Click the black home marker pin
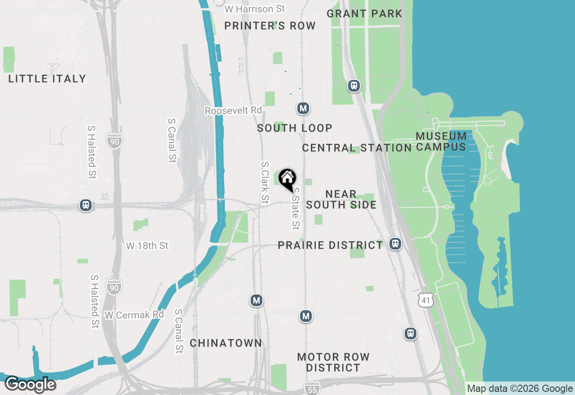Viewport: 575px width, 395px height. click(287, 179)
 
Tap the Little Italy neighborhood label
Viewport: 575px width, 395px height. click(47, 79)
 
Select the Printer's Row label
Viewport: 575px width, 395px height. click(270, 26)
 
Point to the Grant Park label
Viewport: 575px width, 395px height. click(364, 13)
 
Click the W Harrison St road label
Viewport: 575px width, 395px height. click(255, 9)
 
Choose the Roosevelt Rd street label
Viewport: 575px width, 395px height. click(233, 110)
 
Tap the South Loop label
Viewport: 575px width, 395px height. click(295, 128)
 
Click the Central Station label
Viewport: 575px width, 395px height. click(357, 148)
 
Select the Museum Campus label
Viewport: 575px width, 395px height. click(441, 141)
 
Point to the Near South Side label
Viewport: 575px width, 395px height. click(341, 199)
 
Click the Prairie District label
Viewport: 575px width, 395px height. click(330, 246)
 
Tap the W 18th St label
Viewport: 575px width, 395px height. click(147, 246)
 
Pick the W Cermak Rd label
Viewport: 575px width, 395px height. click(134, 315)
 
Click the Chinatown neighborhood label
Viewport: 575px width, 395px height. click(226, 343)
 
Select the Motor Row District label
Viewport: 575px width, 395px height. click(333, 362)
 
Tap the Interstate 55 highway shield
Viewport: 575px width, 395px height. click(312, 388)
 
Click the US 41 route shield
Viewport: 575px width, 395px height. click(425, 299)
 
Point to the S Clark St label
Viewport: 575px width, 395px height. click(265, 181)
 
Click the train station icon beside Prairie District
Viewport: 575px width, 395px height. click(395, 244)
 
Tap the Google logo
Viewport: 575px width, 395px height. click(30, 385)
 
